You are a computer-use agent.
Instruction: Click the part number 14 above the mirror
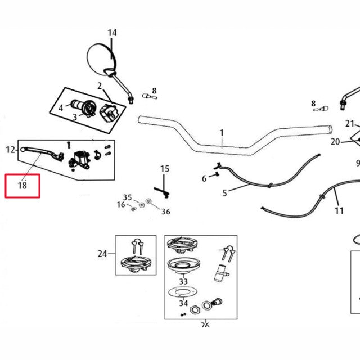112,33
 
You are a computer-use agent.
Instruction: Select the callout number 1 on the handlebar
222,133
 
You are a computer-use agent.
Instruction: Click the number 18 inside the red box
22,185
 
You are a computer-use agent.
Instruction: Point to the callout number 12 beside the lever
10,150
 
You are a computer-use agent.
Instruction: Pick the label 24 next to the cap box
102,254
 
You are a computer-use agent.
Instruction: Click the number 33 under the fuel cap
183,281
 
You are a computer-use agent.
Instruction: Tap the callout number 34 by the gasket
183,304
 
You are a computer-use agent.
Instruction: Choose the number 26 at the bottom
205,325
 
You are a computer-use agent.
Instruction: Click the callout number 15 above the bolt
164,168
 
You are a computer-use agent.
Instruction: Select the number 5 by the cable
224,193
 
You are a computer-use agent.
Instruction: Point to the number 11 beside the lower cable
339,211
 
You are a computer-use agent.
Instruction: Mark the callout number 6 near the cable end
204,179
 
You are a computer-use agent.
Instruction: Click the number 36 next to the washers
165,211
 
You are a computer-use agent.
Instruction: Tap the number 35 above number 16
128,197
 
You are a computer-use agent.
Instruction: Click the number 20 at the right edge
335,142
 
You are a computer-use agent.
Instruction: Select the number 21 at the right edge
350,124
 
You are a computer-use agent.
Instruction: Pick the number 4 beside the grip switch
61,107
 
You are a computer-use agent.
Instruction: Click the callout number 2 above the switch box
100,86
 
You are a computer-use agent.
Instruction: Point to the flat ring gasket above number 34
183,292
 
